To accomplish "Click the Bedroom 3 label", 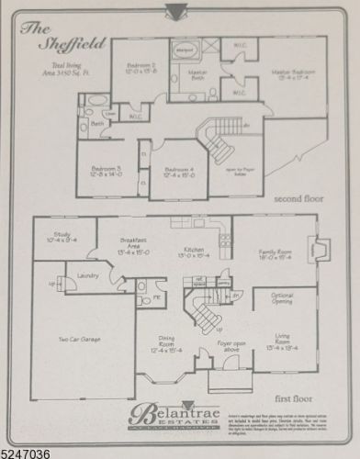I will click(100, 172).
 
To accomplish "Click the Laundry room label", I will click(88, 275).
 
